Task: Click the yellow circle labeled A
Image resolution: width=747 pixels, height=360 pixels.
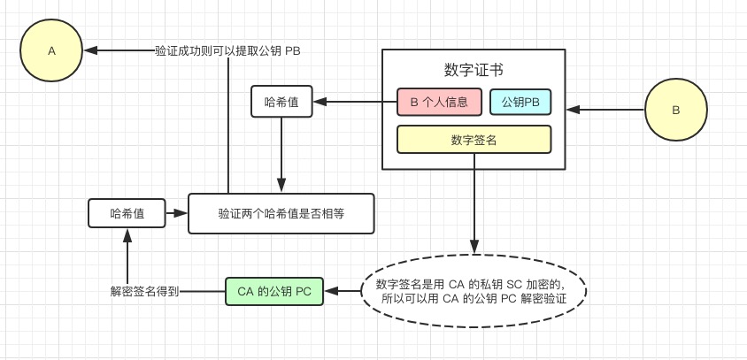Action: point(51,50)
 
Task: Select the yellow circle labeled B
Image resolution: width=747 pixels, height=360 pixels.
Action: point(676,111)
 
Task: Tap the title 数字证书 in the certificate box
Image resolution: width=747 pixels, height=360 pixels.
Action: point(474,71)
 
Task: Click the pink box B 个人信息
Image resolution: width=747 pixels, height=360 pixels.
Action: point(439,102)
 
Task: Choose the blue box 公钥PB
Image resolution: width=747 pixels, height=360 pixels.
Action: point(520,102)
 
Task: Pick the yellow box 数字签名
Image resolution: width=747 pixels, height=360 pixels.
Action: point(474,140)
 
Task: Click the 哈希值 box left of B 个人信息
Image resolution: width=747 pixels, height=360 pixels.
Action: point(281,102)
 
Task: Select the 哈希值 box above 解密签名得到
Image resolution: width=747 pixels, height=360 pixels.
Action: point(127,213)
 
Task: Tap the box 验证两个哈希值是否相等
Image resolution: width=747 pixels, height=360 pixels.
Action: point(281,213)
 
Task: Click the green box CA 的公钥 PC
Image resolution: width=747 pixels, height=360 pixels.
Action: point(274,291)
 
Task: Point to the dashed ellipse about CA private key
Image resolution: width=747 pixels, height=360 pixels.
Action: point(474,292)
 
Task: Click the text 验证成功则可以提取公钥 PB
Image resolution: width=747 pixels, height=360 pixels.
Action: point(227,50)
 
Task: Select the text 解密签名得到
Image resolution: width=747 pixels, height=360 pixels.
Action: point(145,291)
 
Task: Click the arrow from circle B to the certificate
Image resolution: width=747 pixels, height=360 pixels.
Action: point(605,110)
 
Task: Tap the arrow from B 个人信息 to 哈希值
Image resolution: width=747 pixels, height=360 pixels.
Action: point(354,102)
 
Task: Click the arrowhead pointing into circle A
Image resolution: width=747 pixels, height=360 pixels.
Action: point(91,50)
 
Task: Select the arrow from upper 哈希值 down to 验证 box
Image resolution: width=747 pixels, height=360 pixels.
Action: point(281,155)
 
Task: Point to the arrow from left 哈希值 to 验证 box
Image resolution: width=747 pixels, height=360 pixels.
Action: point(177,213)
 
